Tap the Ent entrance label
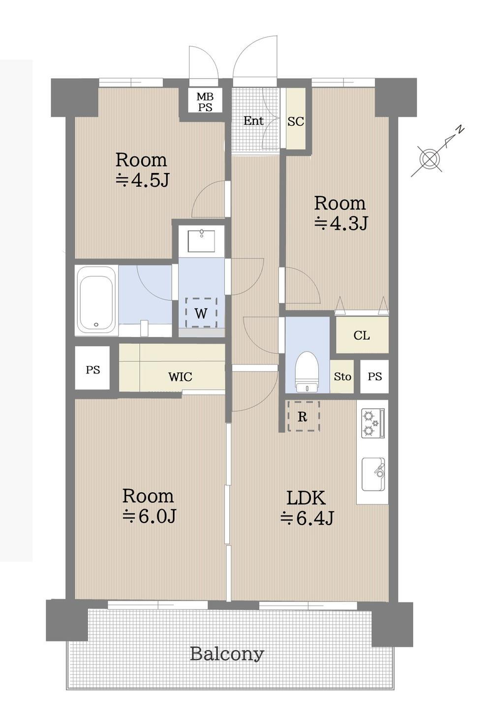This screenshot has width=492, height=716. (253, 121)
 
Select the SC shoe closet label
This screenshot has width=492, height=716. (296, 121)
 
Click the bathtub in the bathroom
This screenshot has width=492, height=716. (96, 300)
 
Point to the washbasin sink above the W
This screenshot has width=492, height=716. (201, 240)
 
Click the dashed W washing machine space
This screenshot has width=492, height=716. (201, 312)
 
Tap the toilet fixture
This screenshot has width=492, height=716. (307, 372)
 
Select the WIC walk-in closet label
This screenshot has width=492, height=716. (180, 377)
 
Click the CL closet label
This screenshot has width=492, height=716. (362, 335)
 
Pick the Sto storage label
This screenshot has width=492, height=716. (342, 377)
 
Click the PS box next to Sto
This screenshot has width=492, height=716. (374, 376)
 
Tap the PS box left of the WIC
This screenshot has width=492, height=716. (92, 368)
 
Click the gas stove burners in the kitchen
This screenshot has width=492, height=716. (373, 423)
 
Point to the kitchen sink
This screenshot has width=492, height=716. (373, 474)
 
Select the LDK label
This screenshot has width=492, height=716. (306, 497)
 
